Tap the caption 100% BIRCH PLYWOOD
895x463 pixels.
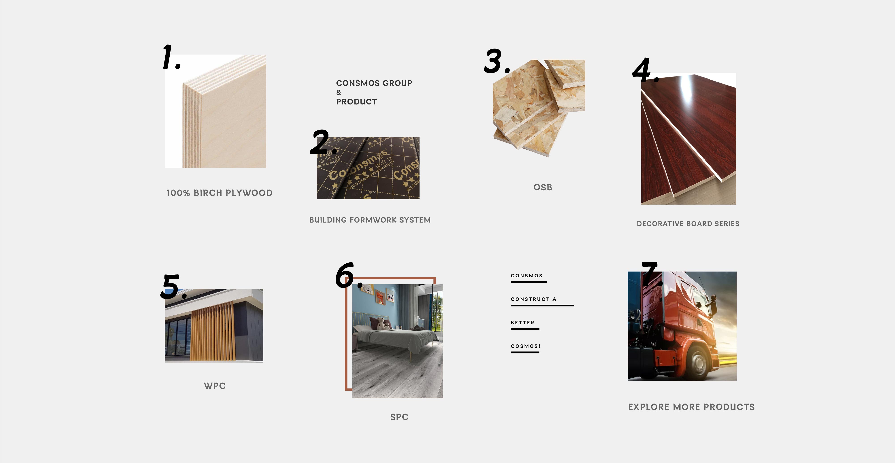(219, 193)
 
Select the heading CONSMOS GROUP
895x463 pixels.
(374, 83)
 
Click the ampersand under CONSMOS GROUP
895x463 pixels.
(339, 92)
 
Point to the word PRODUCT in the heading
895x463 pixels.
(356, 102)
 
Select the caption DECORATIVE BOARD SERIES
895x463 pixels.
(688, 224)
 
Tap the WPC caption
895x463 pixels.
(215, 386)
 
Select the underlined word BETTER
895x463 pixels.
(522, 323)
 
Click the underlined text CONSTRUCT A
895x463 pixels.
(534, 299)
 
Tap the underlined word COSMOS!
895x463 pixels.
(526, 346)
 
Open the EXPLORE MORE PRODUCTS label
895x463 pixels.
(691, 407)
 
